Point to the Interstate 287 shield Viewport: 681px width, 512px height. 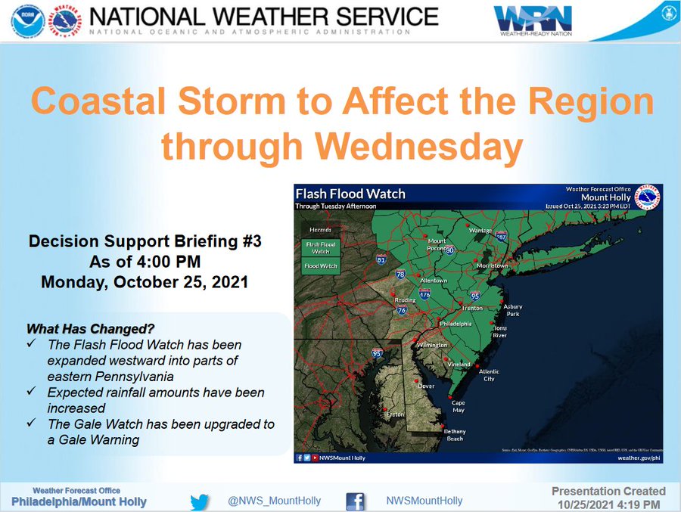[502, 237]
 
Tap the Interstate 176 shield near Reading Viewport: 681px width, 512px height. [425, 294]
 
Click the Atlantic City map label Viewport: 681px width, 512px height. [489, 375]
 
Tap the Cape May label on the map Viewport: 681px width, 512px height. [459, 406]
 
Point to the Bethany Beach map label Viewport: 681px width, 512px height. [455, 435]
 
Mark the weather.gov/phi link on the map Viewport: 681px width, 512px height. [639, 458]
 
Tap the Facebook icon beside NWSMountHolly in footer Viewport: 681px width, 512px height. [356, 501]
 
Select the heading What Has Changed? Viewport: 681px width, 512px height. [91, 329]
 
